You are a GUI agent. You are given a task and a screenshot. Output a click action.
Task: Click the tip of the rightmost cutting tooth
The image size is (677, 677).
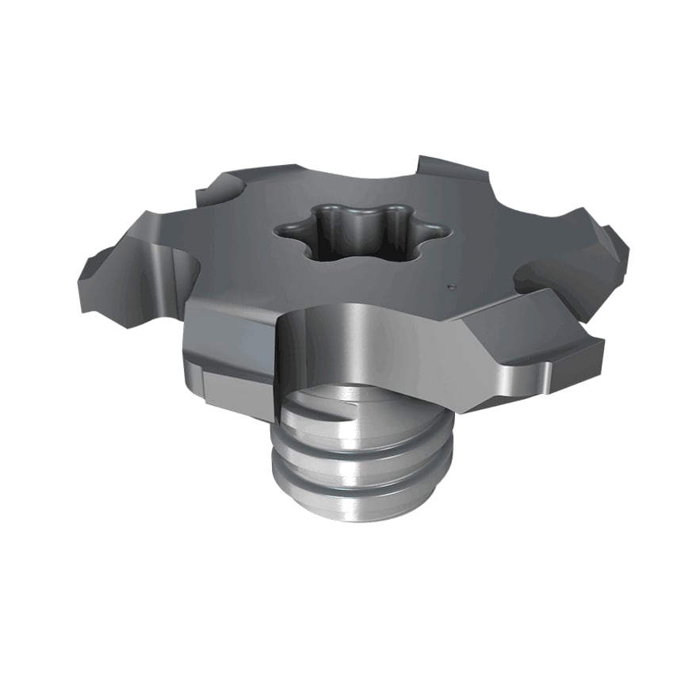click(x=623, y=242)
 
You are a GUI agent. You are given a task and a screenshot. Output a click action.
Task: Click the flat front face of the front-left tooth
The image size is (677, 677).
click(x=230, y=349)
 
